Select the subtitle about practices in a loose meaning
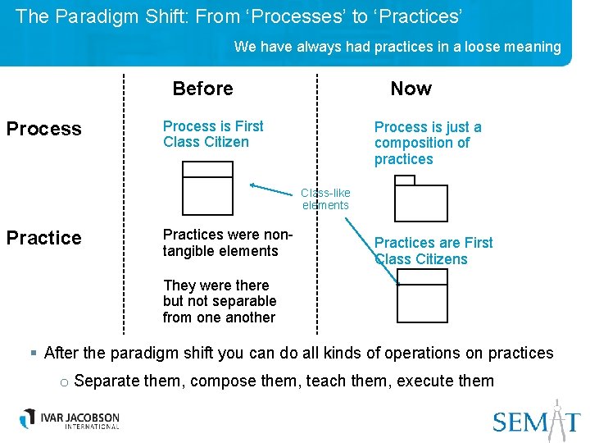click(397, 47)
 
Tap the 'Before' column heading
click(202, 89)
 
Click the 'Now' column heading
click(411, 89)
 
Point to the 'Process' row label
click(44, 129)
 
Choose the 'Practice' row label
click(44, 238)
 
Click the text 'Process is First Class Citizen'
click(213, 134)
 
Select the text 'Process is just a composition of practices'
click(427, 143)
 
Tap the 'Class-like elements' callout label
click(325, 199)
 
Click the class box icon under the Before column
click(207, 188)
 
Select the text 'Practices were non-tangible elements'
click(226, 243)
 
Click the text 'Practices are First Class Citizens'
click(433, 251)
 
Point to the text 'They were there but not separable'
click(219, 301)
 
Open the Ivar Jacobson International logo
click(70, 418)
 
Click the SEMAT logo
click(536, 420)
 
